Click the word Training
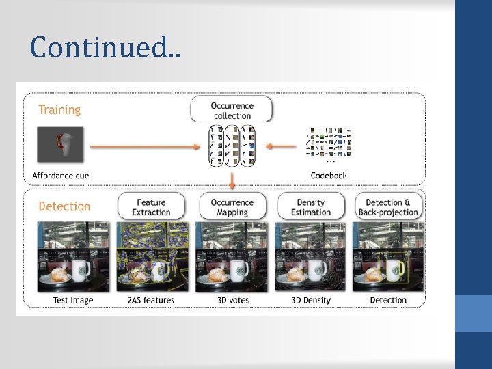pyautogui.click(x=59, y=110)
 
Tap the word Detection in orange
pyautogui.click(x=64, y=206)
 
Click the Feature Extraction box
pyautogui.click(x=151, y=207)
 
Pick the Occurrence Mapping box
pyautogui.click(x=232, y=207)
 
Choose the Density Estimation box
pyautogui.click(x=311, y=207)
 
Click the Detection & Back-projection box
pyautogui.click(x=389, y=207)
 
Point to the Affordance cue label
pyautogui.click(x=61, y=176)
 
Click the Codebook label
pyautogui.click(x=329, y=176)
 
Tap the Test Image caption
pyautogui.click(x=73, y=300)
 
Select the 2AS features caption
pyautogui.click(x=151, y=300)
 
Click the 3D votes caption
pyautogui.click(x=232, y=300)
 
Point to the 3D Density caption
pyautogui.click(x=311, y=300)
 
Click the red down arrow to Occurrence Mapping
pyautogui.click(x=232, y=180)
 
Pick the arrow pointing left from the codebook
pyautogui.click(x=281, y=145)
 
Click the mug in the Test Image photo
pyautogui.click(x=81, y=270)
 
